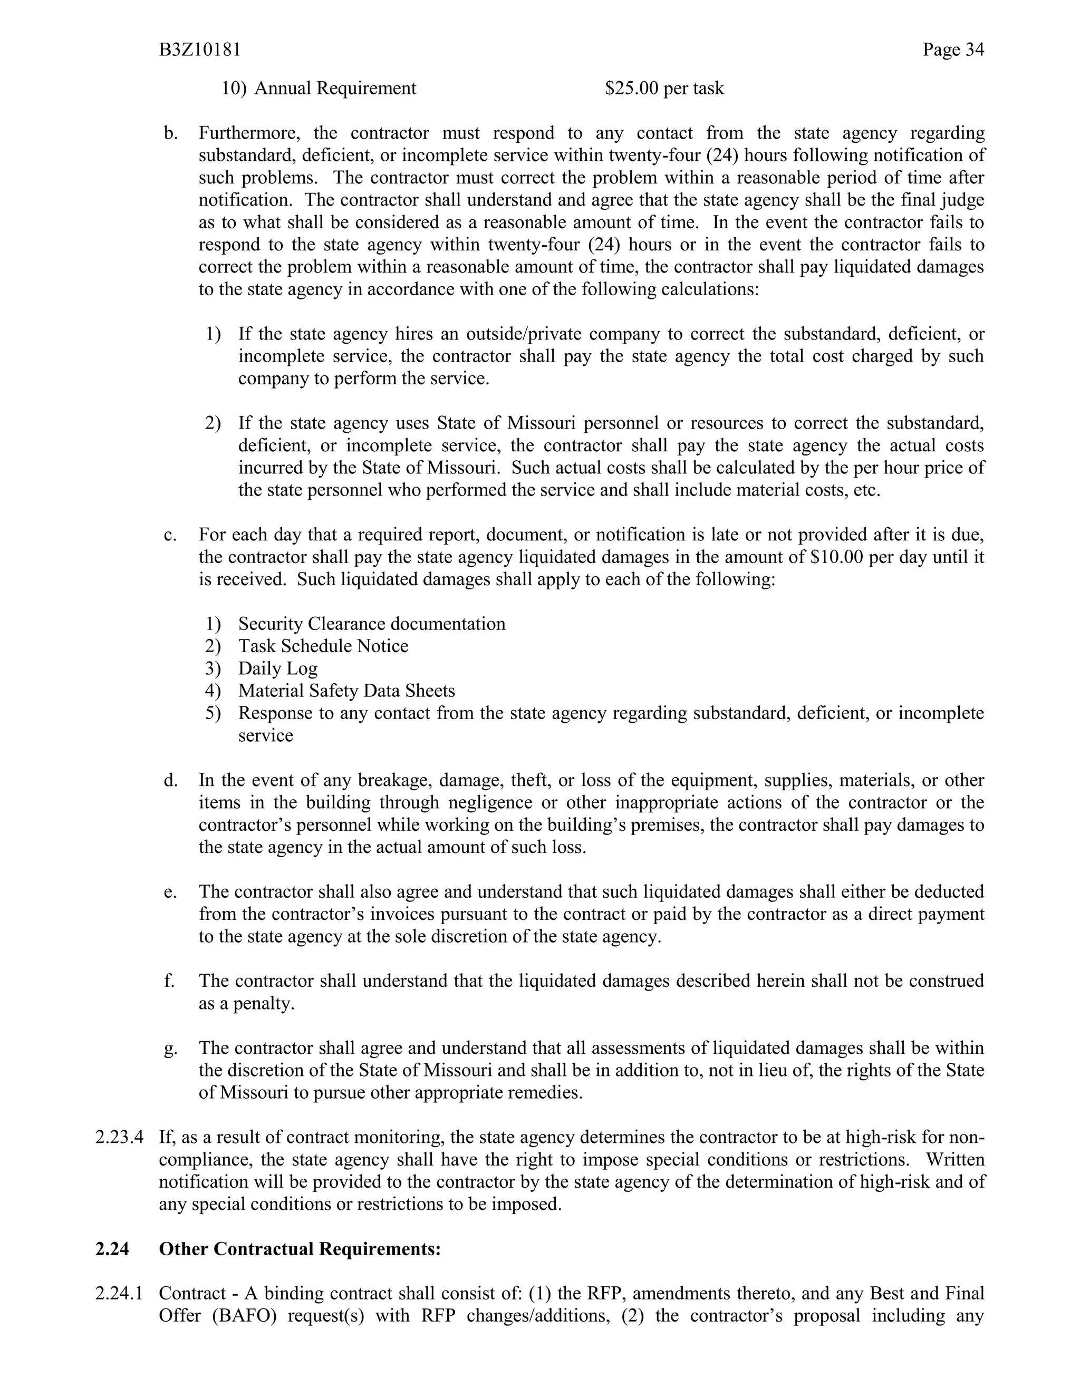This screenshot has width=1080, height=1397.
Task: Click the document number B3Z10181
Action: coord(200,50)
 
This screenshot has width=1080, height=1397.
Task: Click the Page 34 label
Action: coord(953,50)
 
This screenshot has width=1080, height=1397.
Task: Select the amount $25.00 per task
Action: coord(664,88)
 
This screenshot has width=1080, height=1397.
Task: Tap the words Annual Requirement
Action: coord(335,88)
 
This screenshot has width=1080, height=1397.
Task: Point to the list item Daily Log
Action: coord(278,668)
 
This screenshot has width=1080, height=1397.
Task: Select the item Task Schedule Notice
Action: coord(323,646)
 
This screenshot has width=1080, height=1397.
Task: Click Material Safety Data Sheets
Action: coord(346,691)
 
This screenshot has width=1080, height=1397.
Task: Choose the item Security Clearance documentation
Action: coord(371,624)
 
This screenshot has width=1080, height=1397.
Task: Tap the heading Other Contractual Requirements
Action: coord(300,1249)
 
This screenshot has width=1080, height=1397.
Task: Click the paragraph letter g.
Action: coord(170,1049)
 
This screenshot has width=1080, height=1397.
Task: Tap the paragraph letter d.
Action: coord(170,780)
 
